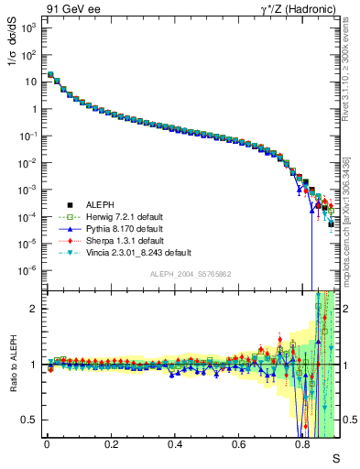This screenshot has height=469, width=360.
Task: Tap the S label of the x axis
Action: [335, 457]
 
